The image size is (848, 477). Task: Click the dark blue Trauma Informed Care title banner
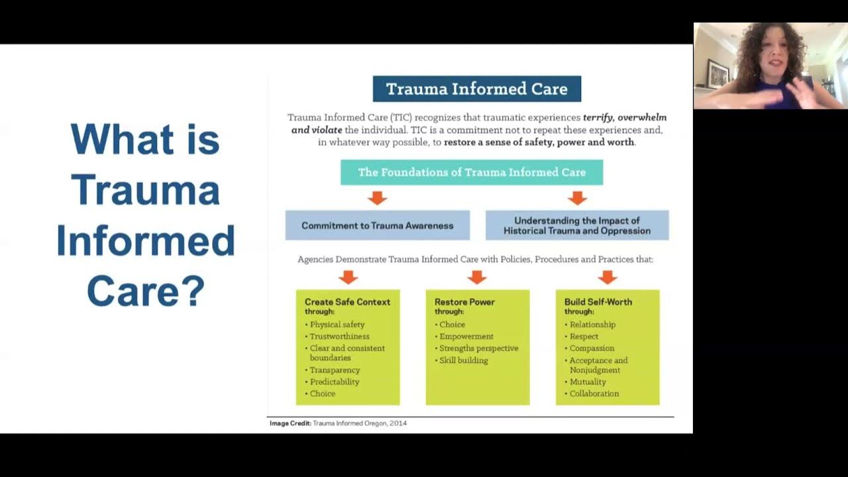pyautogui.click(x=476, y=89)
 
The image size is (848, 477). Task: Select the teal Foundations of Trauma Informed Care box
pyautogui.click(x=472, y=172)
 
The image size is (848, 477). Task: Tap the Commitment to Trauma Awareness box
pyautogui.click(x=377, y=225)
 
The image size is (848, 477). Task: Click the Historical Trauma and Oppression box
pyautogui.click(x=576, y=225)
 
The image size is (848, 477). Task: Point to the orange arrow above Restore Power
pyautogui.click(x=477, y=276)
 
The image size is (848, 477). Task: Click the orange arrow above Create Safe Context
pyautogui.click(x=348, y=276)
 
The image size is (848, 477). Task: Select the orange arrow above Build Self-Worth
pyautogui.click(x=607, y=276)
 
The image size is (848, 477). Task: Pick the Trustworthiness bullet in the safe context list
pyautogui.click(x=339, y=337)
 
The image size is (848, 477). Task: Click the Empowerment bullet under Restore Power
pyautogui.click(x=466, y=337)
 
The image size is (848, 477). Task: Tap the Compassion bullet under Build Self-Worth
pyautogui.click(x=592, y=348)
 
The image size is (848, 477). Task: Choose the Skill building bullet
pyautogui.click(x=463, y=360)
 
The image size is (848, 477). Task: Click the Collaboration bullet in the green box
pyautogui.click(x=594, y=394)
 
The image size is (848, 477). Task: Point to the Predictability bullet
pyautogui.click(x=334, y=382)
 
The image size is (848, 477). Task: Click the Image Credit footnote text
pyautogui.click(x=338, y=423)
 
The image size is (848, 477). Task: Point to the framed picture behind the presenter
pyautogui.click(x=717, y=73)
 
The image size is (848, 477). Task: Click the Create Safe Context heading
pyautogui.click(x=347, y=302)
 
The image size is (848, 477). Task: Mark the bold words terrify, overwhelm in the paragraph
pyautogui.click(x=624, y=117)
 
